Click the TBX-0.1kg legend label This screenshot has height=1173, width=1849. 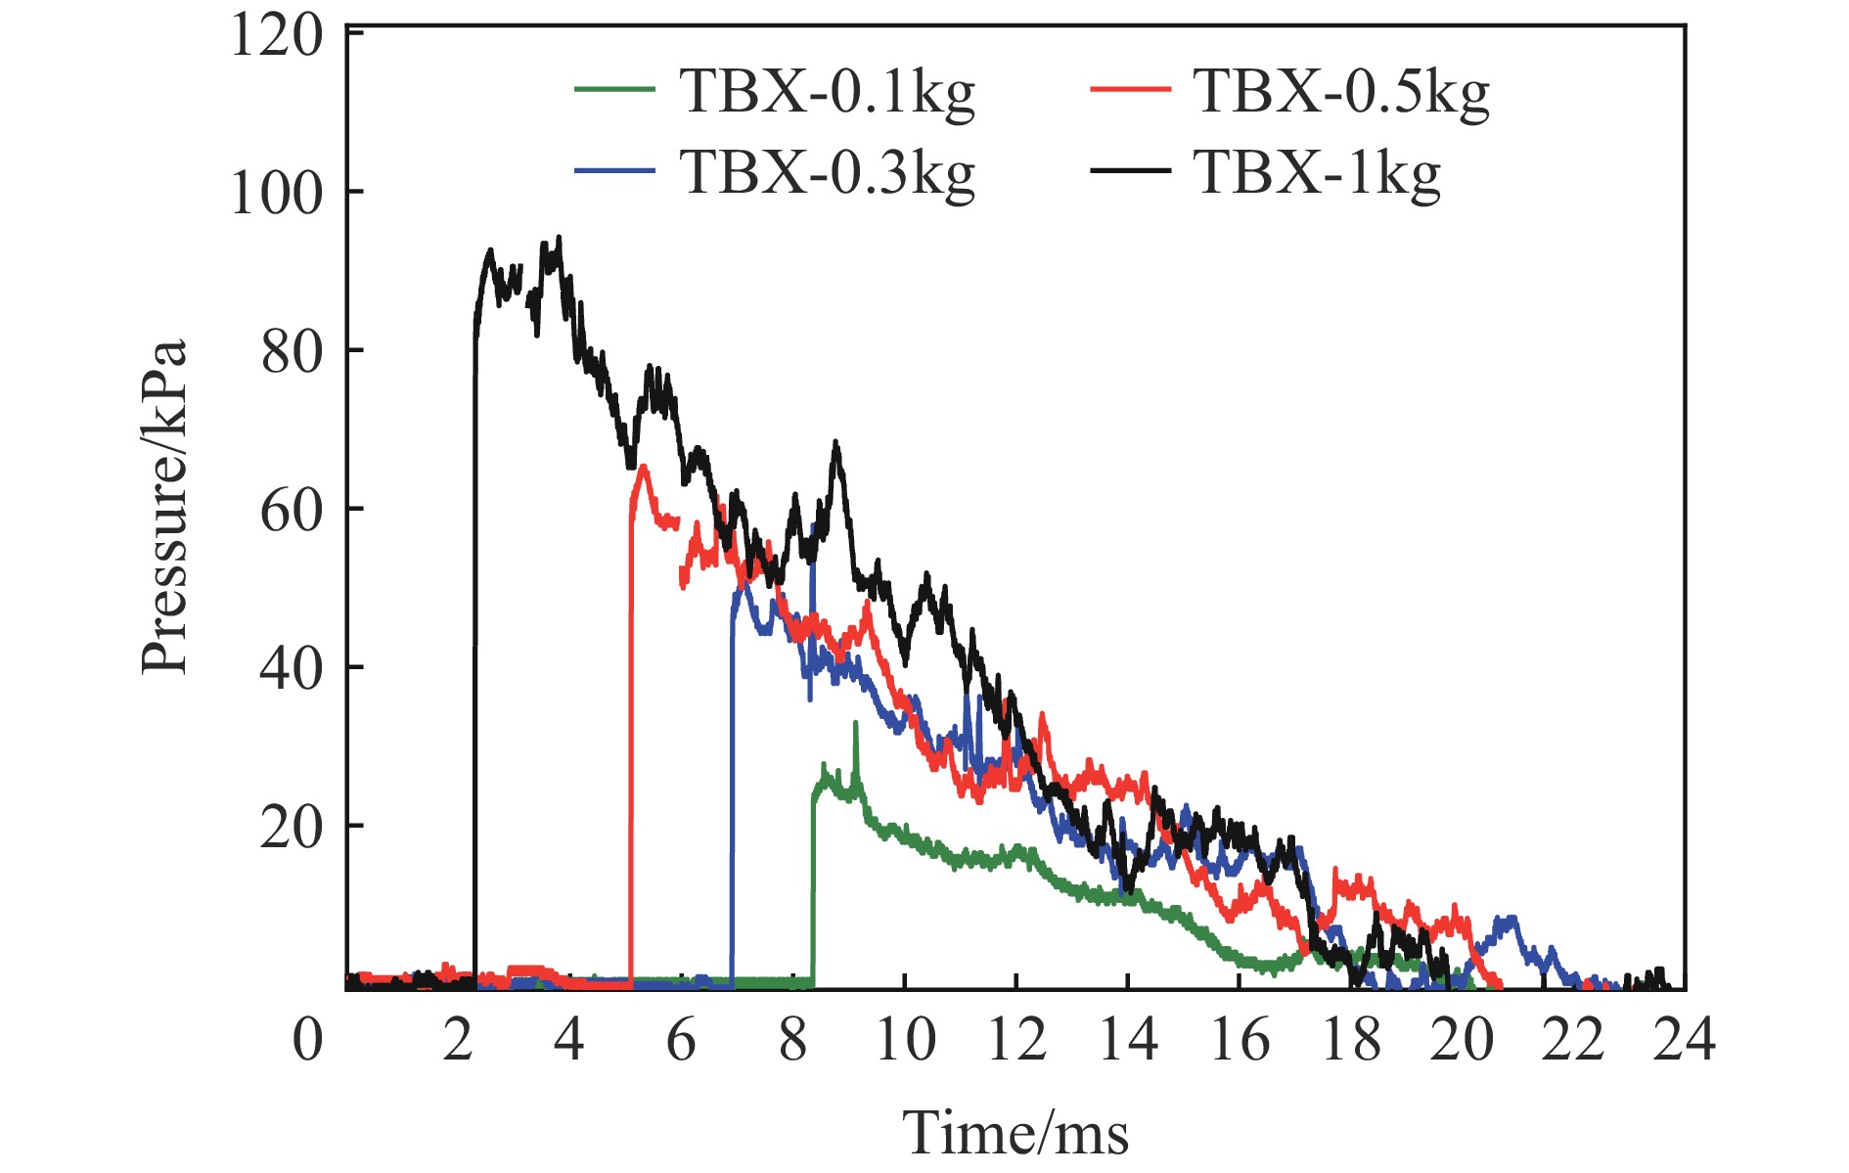[828, 93]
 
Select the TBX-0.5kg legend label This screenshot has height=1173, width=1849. [1341, 93]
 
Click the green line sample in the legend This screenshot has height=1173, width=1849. [613, 89]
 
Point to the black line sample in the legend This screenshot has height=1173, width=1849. [1130, 171]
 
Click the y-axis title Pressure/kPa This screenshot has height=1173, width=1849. [163, 508]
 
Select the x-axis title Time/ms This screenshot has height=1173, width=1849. [1015, 1133]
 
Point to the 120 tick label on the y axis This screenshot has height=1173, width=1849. [276, 37]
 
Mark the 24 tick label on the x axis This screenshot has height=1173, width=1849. [1684, 1040]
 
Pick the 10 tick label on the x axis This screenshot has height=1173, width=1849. [905, 1040]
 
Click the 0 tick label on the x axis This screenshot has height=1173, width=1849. [307, 1040]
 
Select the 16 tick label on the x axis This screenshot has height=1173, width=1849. [1240, 1040]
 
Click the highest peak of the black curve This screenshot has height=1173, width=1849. [559, 238]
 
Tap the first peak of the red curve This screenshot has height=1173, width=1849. [643, 467]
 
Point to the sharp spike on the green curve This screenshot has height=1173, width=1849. [856, 724]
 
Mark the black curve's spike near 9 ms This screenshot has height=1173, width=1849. [835, 443]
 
